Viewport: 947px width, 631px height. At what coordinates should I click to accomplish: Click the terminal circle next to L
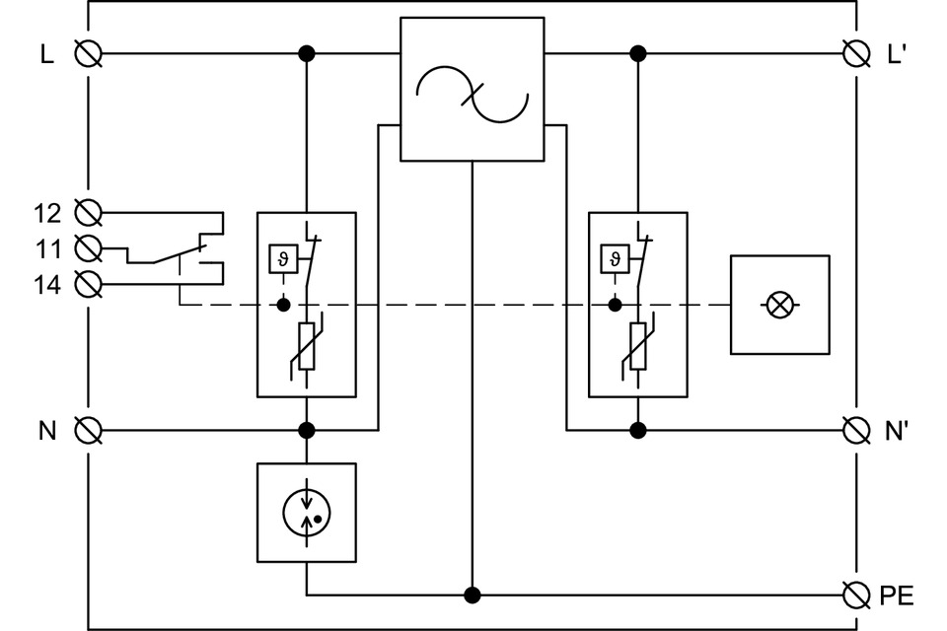89,53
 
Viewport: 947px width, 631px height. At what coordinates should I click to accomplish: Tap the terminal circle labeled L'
856,53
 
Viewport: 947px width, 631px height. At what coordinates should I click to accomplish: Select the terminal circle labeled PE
856,595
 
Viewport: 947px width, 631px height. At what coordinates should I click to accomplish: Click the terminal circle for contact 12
89,212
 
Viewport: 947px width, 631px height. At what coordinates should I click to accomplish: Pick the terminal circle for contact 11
89,246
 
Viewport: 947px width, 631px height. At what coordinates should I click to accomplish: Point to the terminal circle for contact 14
89,285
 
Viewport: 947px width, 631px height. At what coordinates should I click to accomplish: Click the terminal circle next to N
89,430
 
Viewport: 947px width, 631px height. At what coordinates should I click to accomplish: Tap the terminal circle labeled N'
856,430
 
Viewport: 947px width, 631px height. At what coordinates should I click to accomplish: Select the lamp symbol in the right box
779,306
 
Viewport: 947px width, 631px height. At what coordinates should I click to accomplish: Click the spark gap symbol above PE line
307,512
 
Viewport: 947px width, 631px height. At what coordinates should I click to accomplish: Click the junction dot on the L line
307,53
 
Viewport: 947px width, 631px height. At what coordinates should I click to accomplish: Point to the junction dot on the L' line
638,53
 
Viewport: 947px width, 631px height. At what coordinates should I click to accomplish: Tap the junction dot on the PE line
473,595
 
